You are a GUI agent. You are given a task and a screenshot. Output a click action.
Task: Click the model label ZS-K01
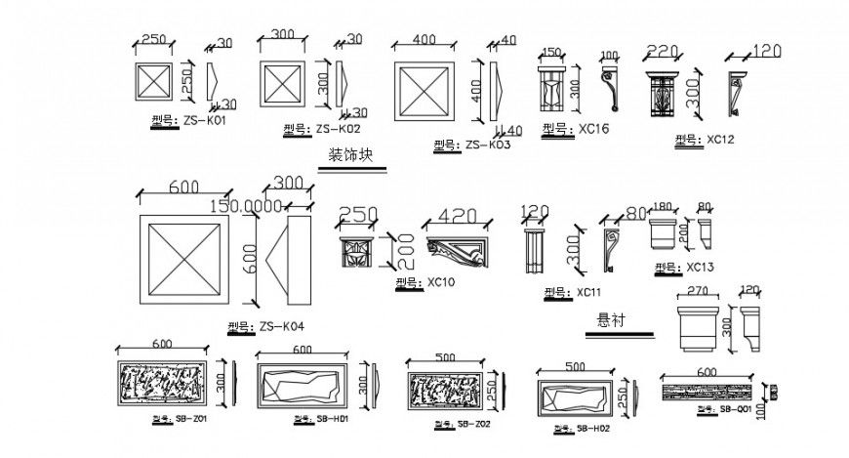[184, 120]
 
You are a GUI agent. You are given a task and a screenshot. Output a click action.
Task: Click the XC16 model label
[575, 128]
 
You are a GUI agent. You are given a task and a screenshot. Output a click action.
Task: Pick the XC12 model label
[703, 140]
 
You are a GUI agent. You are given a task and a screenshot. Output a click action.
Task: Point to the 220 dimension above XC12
[662, 52]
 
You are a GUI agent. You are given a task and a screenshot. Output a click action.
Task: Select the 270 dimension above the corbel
[697, 290]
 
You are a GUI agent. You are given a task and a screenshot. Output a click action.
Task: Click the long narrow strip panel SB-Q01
[707, 392]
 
